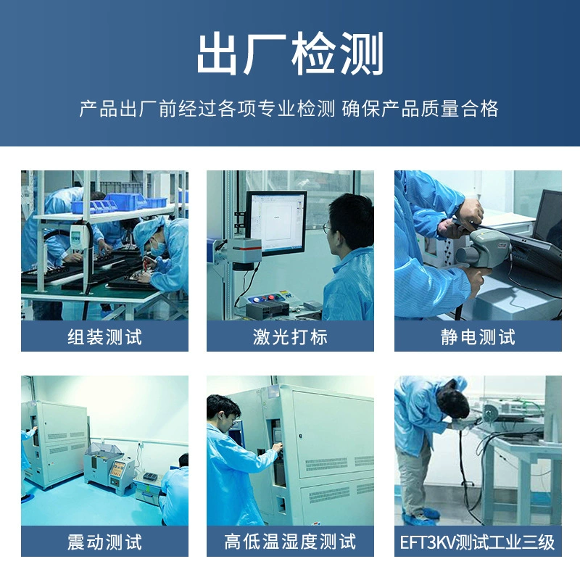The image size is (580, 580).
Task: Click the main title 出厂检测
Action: click(x=290, y=54)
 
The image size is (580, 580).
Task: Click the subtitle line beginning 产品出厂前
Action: click(x=289, y=109)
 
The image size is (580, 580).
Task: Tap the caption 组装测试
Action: click(x=104, y=337)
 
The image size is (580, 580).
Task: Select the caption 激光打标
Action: click(x=291, y=337)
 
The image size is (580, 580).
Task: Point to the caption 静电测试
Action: click(x=478, y=337)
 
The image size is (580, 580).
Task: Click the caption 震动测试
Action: click(x=104, y=542)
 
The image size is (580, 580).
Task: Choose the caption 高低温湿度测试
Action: click(x=291, y=542)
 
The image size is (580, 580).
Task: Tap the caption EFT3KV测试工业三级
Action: click(x=478, y=542)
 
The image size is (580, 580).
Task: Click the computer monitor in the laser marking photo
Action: click(x=276, y=223)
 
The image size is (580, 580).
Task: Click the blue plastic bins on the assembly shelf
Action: click(x=118, y=203)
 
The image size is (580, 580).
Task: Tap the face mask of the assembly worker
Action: click(x=157, y=248)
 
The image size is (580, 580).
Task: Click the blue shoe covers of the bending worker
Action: click(x=423, y=517)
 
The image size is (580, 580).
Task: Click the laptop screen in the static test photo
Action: click(x=547, y=215)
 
